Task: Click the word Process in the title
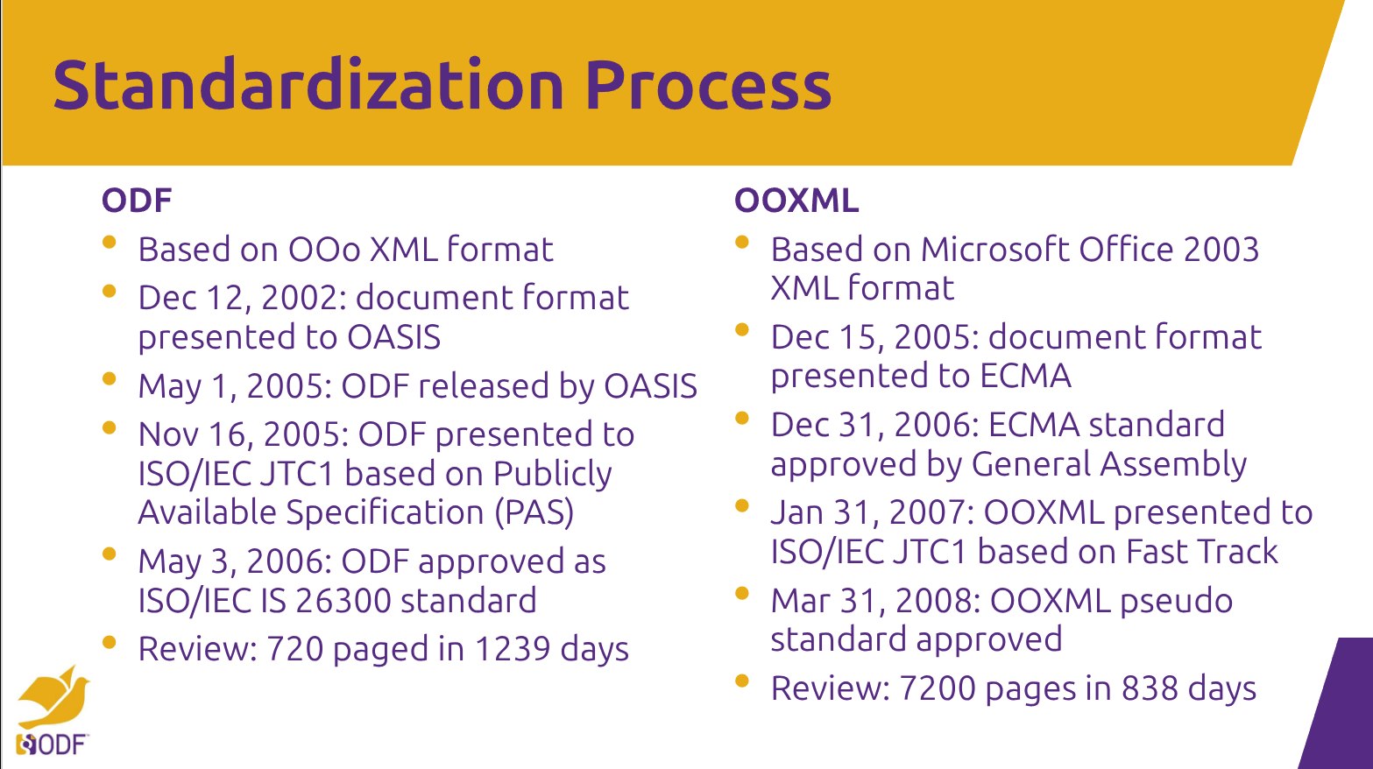709,85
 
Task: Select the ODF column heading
137,201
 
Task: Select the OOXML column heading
796,201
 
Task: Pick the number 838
1150,688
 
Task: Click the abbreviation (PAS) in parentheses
534,512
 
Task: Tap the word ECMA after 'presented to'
1025,376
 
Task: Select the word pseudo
1176,602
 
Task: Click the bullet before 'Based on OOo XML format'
110,242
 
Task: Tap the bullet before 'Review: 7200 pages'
741,681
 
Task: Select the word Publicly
552,474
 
